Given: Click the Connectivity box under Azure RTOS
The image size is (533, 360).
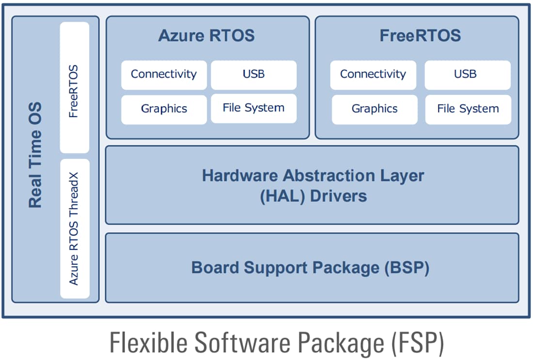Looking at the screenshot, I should (164, 75).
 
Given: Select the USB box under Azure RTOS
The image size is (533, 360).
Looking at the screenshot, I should (253, 75).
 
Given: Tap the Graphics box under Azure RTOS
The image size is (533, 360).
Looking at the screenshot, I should (164, 109).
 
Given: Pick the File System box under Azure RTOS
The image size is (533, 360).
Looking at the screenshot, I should (253, 108).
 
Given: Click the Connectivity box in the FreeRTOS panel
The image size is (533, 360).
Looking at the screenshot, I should (373, 75).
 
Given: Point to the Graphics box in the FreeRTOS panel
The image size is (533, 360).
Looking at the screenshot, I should (374, 109).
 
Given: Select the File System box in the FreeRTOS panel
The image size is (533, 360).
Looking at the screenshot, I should (468, 109).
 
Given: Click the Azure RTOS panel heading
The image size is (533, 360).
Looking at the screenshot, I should (206, 36).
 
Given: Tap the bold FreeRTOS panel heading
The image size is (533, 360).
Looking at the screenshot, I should (420, 36).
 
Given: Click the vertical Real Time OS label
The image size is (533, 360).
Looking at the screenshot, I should (35, 155).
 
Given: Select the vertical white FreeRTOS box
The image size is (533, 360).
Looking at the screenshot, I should (74, 87).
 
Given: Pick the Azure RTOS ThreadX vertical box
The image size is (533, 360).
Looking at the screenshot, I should (74, 228).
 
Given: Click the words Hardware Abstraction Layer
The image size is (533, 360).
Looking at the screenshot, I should (313, 175).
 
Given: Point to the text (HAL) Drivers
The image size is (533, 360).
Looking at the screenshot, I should (313, 196).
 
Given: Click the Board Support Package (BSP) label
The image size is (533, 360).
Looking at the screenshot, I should (311, 268).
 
